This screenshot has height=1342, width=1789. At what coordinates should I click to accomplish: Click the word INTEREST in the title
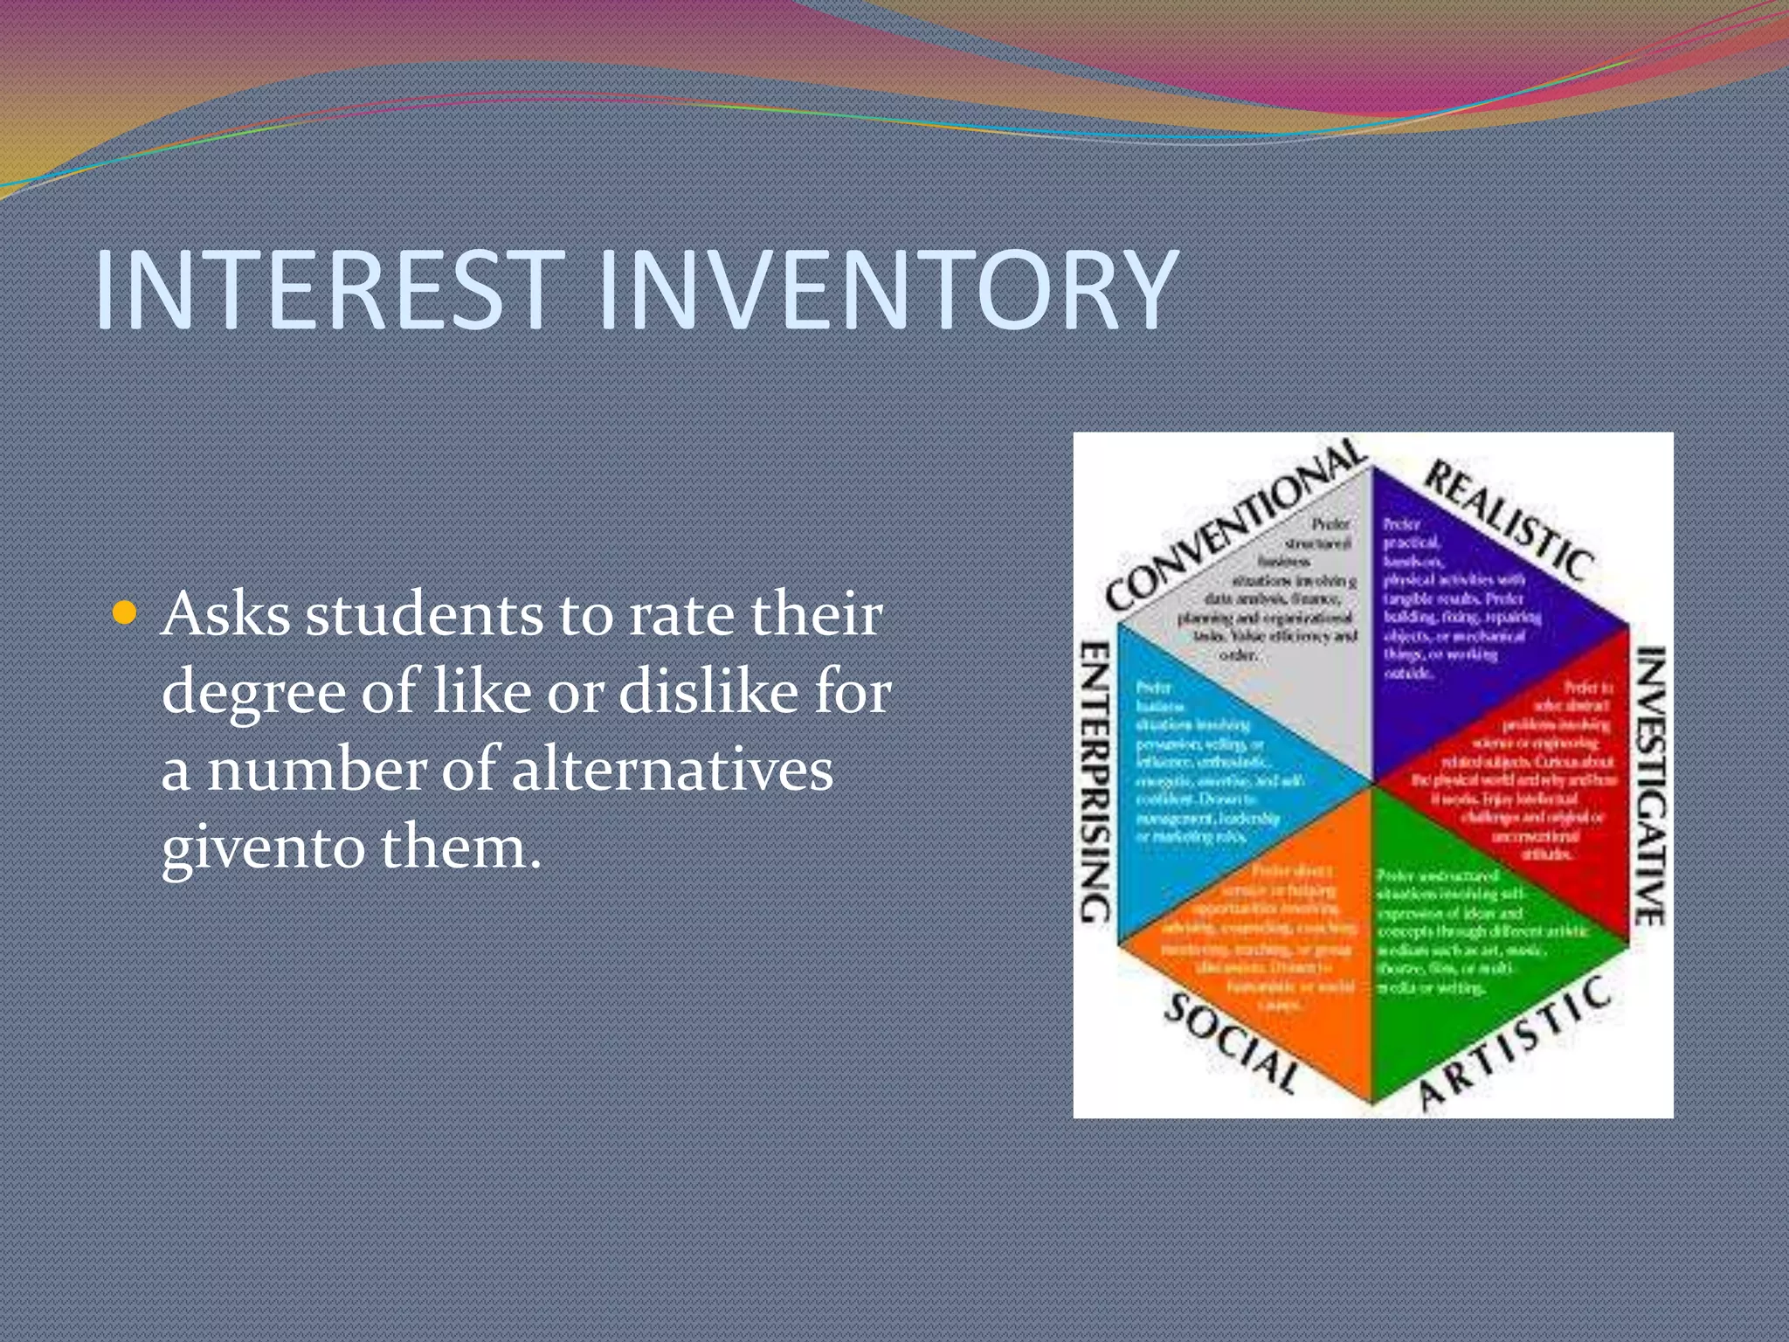coord(328,290)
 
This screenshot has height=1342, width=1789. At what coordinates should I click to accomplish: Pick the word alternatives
coord(672,769)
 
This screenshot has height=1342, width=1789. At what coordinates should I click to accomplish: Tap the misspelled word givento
coord(260,847)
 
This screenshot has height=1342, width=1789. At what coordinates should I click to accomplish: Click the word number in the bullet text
coord(318,769)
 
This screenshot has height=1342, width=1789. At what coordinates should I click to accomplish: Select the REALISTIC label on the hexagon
coord(1510,522)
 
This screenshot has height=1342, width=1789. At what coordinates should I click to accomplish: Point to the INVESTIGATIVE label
coord(1650,785)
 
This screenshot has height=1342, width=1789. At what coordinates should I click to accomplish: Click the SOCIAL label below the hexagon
coord(1232,1044)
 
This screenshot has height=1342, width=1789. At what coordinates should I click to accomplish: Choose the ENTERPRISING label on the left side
coord(1095,782)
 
